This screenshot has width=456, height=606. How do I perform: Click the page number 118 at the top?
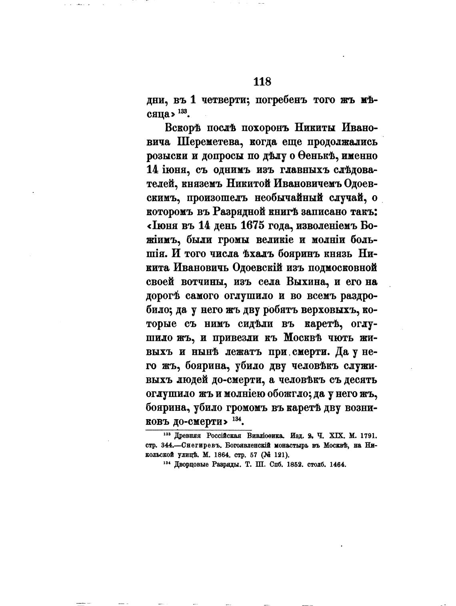tap(262, 82)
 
